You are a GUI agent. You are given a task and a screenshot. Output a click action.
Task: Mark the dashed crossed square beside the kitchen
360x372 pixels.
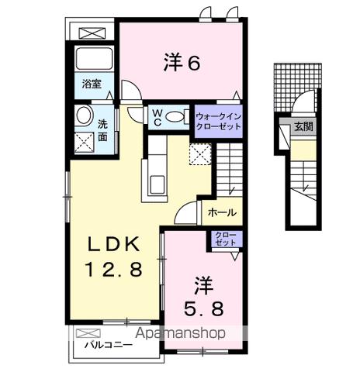[x=199, y=153]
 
